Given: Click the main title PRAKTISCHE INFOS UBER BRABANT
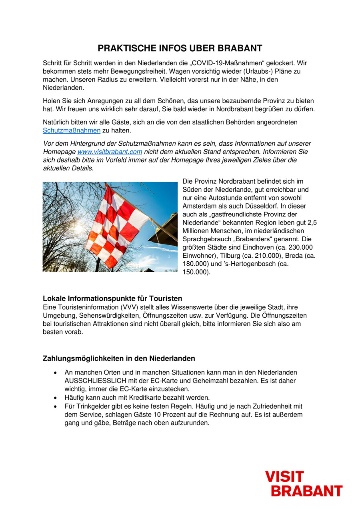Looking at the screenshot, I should (180, 48).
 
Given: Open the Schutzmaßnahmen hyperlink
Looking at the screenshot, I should (72, 130).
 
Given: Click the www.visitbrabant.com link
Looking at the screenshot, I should (110, 152).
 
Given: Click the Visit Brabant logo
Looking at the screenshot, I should (304, 483).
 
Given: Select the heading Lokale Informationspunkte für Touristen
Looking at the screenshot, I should (112, 299).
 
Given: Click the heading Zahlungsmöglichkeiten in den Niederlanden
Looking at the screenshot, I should (119, 358).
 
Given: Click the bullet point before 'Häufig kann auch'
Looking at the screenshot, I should (56, 398).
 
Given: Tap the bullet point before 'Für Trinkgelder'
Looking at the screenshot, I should (56, 406).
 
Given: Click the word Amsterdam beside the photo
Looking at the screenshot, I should (200, 206).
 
